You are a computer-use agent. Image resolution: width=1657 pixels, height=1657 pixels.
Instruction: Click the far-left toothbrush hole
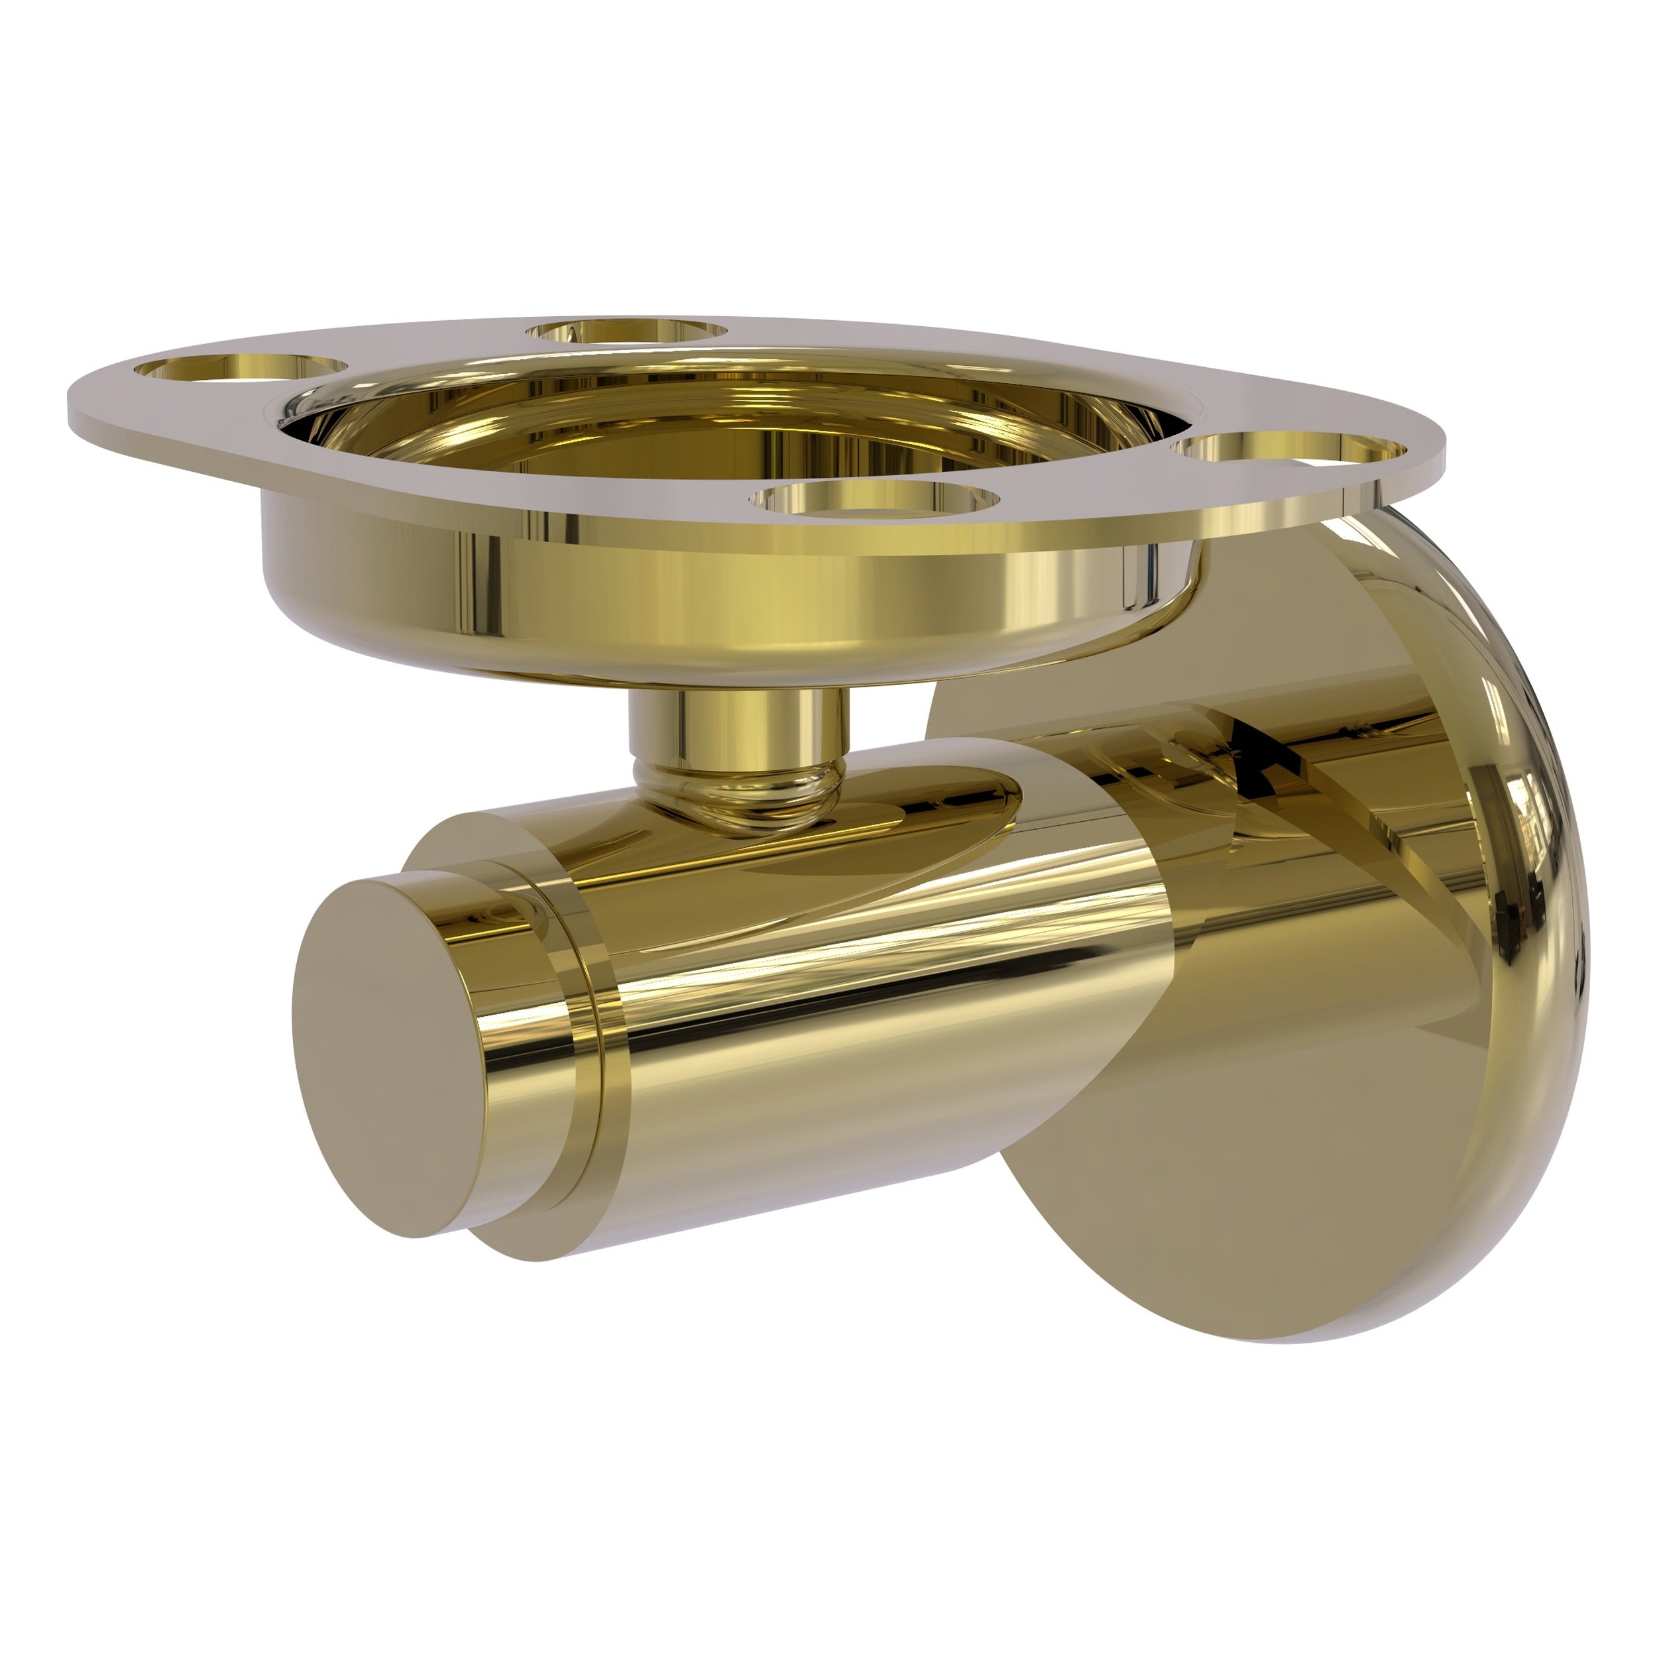coord(236,368)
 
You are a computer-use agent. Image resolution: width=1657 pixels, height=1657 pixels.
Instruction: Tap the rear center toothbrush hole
coord(628,330)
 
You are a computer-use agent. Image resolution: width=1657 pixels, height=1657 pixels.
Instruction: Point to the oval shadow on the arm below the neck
coord(858,823)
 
